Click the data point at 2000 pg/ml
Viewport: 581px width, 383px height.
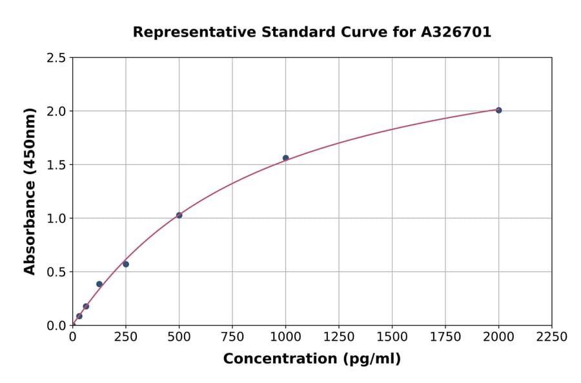tap(498, 110)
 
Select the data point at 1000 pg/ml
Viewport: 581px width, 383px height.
tap(285, 158)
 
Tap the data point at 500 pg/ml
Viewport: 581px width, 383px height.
tap(179, 215)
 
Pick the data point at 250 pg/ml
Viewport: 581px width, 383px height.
tap(126, 264)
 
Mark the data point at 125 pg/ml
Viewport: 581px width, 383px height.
tap(99, 284)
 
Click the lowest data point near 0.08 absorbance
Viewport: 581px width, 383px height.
tap(79, 316)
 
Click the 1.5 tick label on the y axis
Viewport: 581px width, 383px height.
tap(57, 165)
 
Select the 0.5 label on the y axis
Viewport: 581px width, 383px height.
tap(57, 272)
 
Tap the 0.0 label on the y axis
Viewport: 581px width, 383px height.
tap(57, 326)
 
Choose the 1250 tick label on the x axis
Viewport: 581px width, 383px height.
tap(339, 337)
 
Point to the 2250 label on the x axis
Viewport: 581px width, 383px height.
tap(552, 337)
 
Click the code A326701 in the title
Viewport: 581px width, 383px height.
tap(457, 32)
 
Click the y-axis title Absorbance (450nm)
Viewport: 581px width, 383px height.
tap(30, 191)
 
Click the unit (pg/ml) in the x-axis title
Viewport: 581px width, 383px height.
tap(371, 358)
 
